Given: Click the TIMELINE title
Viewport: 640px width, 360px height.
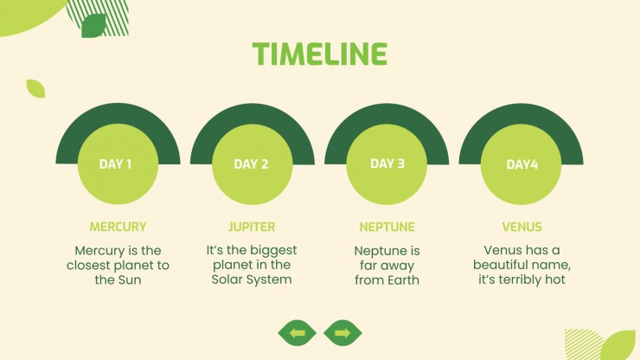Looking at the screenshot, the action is (x=320, y=54).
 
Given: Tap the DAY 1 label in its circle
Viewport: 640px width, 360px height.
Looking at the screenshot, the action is (x=116, y=164).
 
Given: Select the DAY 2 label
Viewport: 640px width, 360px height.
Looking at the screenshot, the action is (x=251, y=164).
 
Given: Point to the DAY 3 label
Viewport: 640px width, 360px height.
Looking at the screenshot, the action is (x=387, y=164).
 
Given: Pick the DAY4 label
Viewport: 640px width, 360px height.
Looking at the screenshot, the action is (x=522, y=164).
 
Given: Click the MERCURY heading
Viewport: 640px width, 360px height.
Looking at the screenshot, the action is (x=118, y=227).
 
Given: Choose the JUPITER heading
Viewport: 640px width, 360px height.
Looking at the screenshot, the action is (x=252, y=227).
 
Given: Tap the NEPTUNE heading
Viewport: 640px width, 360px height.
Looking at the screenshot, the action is (x=387, y=227).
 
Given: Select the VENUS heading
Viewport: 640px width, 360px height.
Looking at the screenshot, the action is (x=522, y=227).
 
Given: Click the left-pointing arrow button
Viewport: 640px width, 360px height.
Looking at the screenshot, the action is (x=298, y=333).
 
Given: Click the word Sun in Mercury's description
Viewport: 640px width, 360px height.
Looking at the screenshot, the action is (x=130, y=280).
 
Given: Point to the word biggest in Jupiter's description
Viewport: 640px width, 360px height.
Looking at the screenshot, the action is (x=273, y=250).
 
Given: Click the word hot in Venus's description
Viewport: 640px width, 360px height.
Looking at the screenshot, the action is (x=555, y=280).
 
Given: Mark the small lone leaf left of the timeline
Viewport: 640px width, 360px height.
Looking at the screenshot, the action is (x=36, y=88).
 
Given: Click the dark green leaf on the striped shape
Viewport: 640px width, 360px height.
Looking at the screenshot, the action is (x=94, y=26).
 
